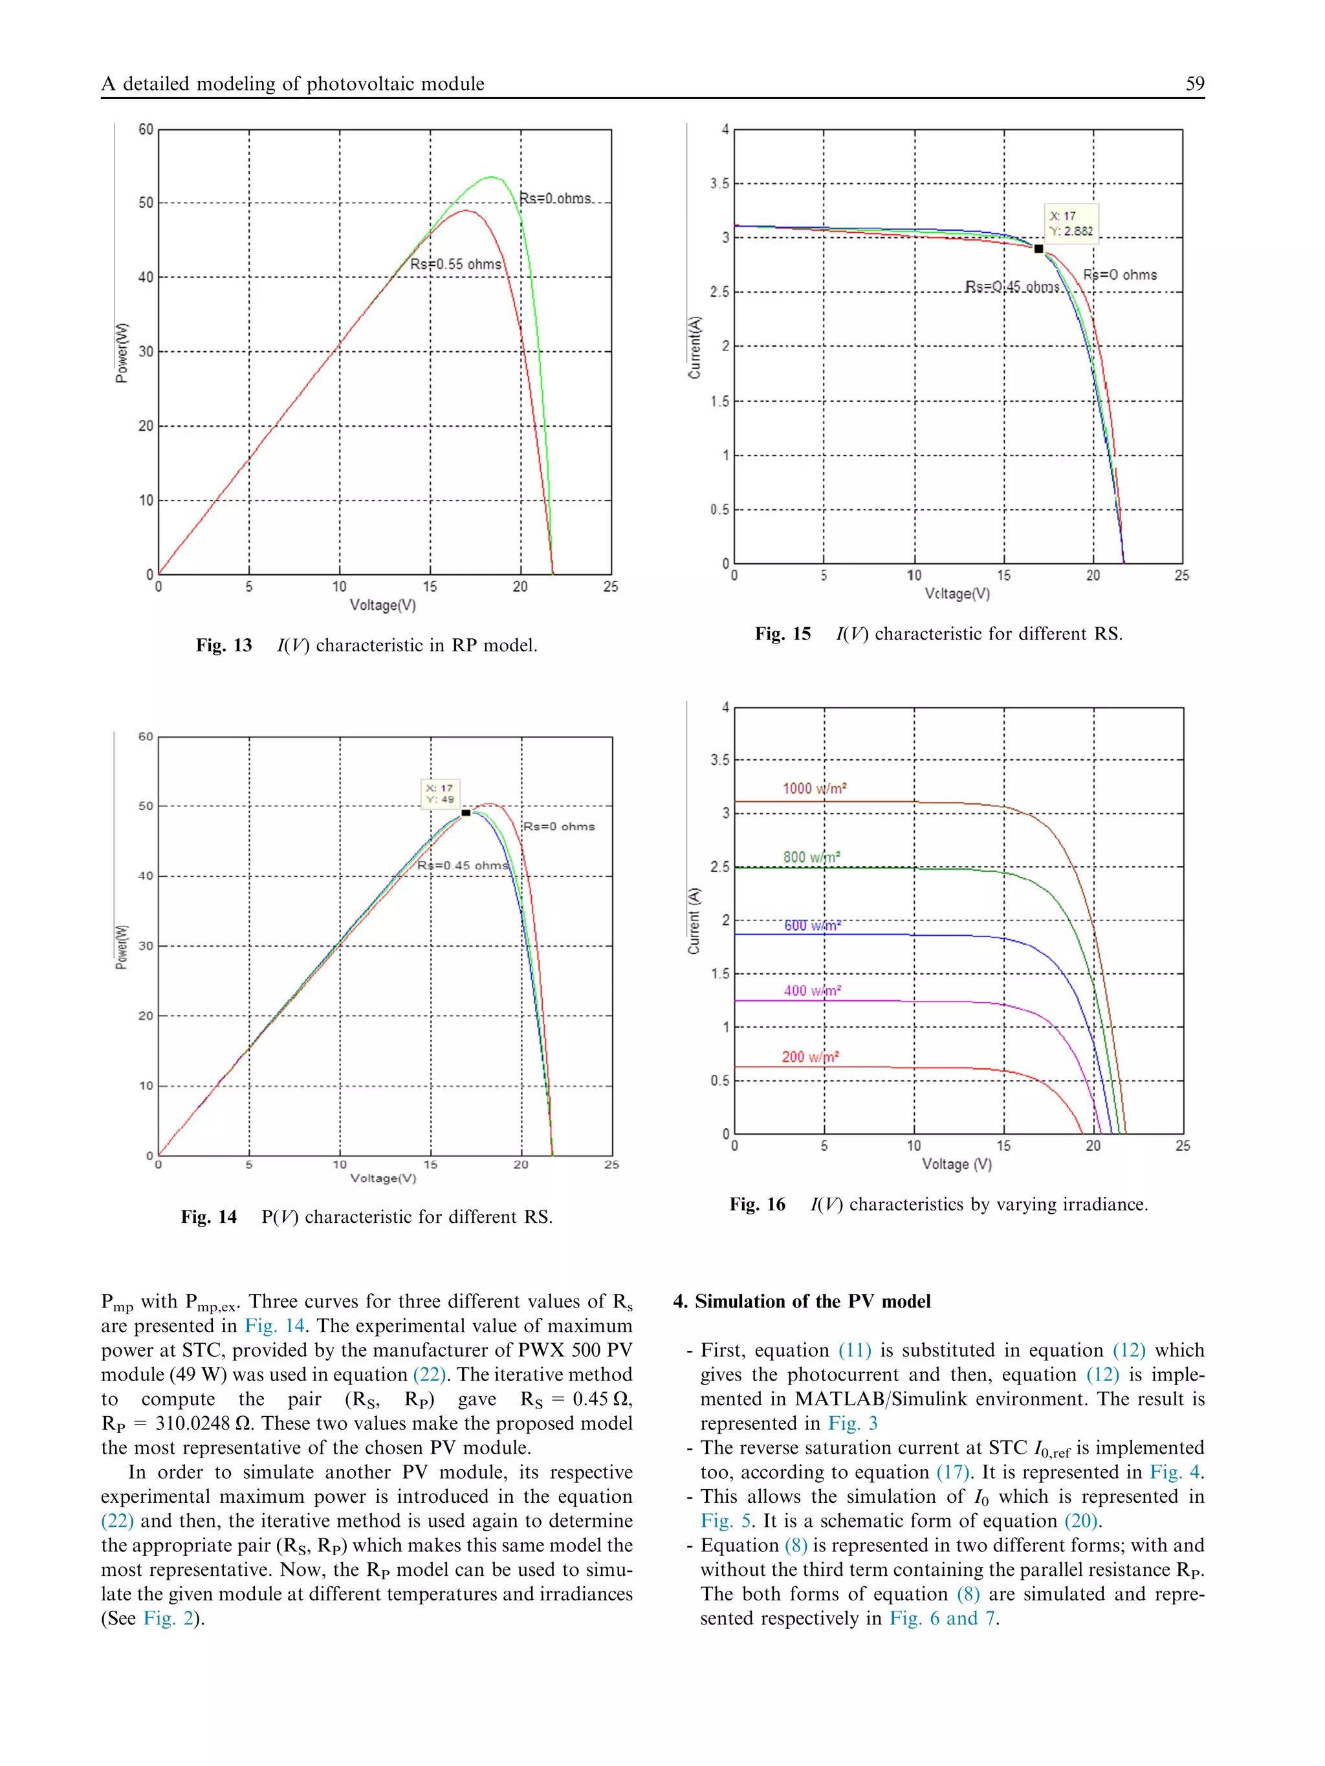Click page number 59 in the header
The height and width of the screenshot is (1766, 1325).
(x=1194, y=84)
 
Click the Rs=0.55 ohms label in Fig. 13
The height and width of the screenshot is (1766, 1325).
(x=455, y=264)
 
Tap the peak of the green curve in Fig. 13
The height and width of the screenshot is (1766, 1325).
(x=492, y=177)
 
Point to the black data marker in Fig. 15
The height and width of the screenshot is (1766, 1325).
(x=1038, y=249)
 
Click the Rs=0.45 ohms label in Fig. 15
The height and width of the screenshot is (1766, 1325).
(x=1012, y=286)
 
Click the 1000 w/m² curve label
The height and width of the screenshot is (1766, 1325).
(x=814, y=789)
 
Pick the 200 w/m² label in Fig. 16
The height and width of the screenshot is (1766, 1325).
(x=810, y=1057)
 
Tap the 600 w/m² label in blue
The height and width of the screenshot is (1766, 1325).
(x=811, y=925)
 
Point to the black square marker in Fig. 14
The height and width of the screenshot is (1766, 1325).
(x=466, y=813)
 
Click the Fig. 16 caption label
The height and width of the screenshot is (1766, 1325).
(x=756, y=1205)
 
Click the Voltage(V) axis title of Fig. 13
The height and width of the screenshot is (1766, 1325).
(x=382, y=605)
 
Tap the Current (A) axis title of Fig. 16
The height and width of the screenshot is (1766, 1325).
(x=694, y=921)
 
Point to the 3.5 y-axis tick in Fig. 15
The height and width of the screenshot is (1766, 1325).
(x=719, y=184)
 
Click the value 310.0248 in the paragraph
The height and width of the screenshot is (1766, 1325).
(x=190, y=1423)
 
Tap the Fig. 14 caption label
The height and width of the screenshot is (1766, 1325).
(x=208, y=1217)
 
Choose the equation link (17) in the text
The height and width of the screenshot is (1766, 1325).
(x=951, y=1472)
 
